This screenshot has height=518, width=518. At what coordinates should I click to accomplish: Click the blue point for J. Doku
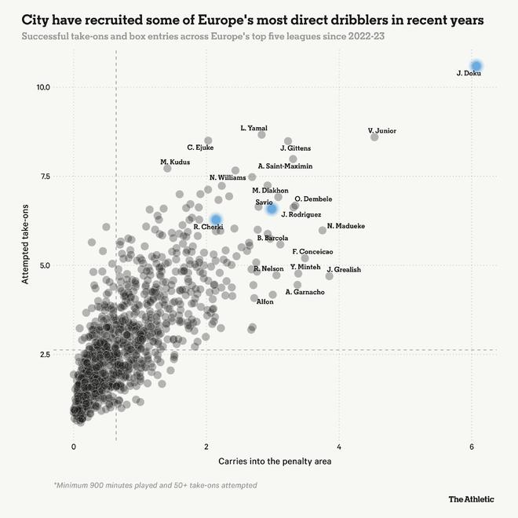[x=476, y=66]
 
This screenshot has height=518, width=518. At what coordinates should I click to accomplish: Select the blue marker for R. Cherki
[x=216, y=219]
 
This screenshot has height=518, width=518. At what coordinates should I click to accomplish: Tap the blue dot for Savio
[x=272, y=209]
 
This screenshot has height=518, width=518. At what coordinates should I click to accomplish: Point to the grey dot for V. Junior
[x=374, y=137]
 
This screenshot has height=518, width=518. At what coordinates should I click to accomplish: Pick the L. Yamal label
[x=254, y=128]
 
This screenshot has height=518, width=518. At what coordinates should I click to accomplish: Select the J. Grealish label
[x=344, y=269]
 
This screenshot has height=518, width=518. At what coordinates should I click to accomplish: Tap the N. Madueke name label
[x=345, y=226]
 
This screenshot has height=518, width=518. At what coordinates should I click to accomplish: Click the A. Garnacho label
[x=305, y=292]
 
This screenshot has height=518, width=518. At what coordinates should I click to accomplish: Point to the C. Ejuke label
[x=200, y=148]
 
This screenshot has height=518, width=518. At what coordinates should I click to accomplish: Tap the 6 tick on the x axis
[x=472, y=447]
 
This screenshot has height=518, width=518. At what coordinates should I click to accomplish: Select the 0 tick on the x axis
[x=74, y=447]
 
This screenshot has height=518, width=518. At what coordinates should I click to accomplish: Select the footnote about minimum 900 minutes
[x=155, y=485]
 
